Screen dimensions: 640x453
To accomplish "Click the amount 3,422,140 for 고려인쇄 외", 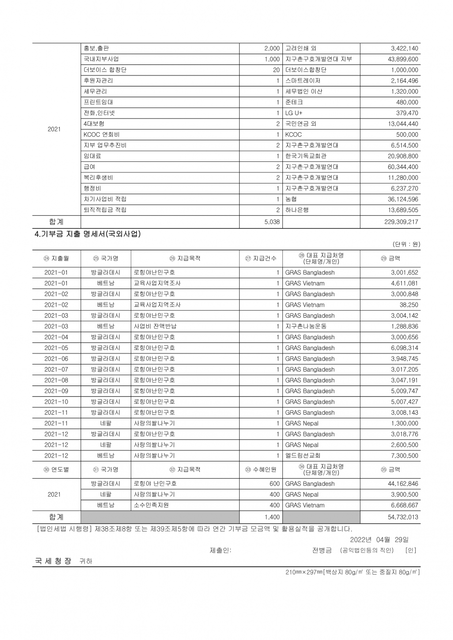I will click(404, 48).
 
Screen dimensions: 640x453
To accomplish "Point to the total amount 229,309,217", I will click(398, 221).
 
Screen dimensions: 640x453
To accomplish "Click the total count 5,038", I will click(271, 221).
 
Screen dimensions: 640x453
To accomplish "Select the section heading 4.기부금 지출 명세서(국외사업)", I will click(87, 234).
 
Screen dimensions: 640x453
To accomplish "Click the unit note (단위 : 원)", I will click(406, 244).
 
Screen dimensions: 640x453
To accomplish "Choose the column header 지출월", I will click(56, 258).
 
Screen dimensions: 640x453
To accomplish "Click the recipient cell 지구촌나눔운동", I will click(306, 326).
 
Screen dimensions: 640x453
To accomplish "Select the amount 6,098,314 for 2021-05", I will click(404, 348).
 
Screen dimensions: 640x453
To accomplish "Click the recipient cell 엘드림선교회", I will click(303, 455).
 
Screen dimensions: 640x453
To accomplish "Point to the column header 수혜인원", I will click(261, 470).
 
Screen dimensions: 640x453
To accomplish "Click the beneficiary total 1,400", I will click(272, 517).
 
